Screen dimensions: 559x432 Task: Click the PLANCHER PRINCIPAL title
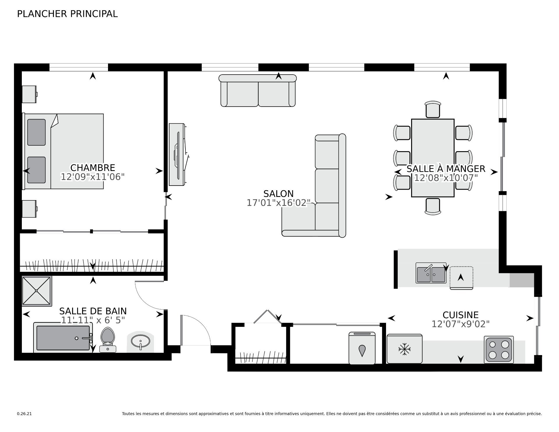click(67, 14)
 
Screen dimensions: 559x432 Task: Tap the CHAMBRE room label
click(93, 168)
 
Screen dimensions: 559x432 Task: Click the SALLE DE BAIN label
click(93, 311)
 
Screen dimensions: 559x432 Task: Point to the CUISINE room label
click(461, 315)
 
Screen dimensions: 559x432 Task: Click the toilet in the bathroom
click(108, 340)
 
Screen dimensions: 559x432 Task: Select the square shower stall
click(37, 291)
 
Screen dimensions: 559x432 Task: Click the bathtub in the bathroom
click(63, 338)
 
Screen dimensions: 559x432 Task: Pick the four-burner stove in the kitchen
click(499, 350)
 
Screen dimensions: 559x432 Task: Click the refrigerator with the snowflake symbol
click(404, 349)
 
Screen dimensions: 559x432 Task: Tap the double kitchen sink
click(431, 273)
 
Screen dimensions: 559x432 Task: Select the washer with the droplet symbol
click(362, 348)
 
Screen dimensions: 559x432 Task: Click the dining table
click(433, 158)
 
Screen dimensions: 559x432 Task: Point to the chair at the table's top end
click(433, 110)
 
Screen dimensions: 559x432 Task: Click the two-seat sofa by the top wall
click(258, 91)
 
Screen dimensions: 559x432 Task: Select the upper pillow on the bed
click(36, 132)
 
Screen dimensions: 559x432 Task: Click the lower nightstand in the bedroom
click(29, 209)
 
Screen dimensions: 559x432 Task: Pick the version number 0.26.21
click(24, 414)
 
